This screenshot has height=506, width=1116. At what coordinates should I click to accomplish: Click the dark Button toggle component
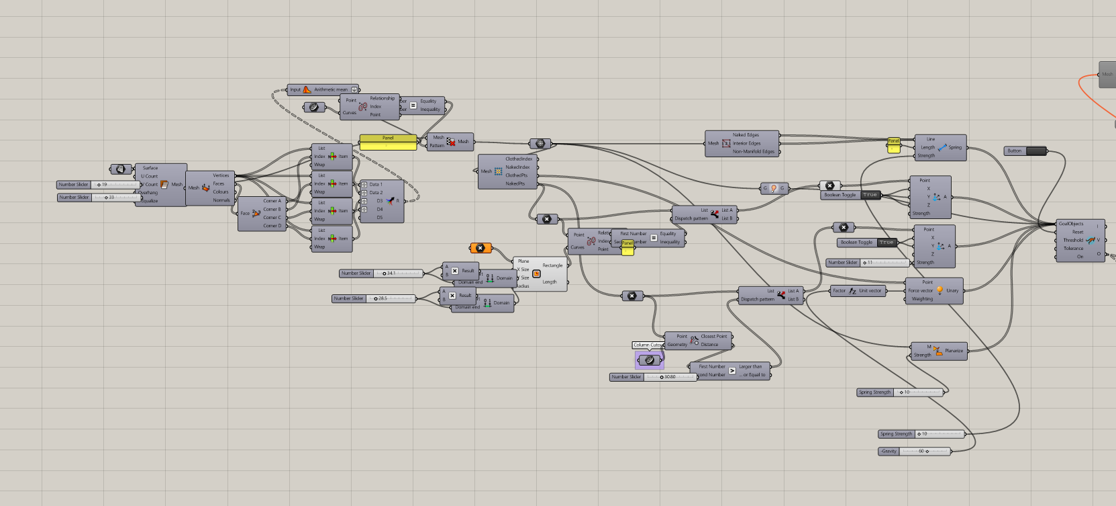[1035, 151]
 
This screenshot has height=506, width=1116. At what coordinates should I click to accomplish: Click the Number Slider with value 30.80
[669, 377]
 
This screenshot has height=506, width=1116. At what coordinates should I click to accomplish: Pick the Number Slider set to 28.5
[392, 298]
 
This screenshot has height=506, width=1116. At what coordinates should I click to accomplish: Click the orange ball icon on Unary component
[940, 290]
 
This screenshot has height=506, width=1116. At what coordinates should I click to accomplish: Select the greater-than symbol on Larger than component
[732, 371]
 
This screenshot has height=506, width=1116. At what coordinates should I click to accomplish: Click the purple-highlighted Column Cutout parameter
[649, 360]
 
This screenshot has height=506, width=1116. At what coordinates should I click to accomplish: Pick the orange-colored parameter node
[480, 248]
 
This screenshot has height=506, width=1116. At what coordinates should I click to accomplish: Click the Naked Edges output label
[746, 135]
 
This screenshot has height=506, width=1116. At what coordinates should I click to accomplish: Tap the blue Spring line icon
[942, 147]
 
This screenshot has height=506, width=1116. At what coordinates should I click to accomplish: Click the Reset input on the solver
[1077, 232]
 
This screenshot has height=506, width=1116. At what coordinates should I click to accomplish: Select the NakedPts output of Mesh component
[515, 183]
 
